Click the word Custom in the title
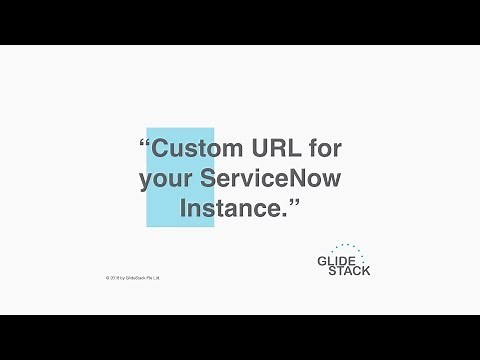tap(199, 149)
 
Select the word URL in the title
tap(277, 149)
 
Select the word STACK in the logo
tap(350, 270)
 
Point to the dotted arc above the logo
tap(350, 246)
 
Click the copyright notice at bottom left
tap(132, 277)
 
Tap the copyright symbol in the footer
tap(107, 277)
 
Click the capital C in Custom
tap(162, 149)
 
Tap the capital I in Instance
tap(183, 210)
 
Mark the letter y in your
tap(146, 182)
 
